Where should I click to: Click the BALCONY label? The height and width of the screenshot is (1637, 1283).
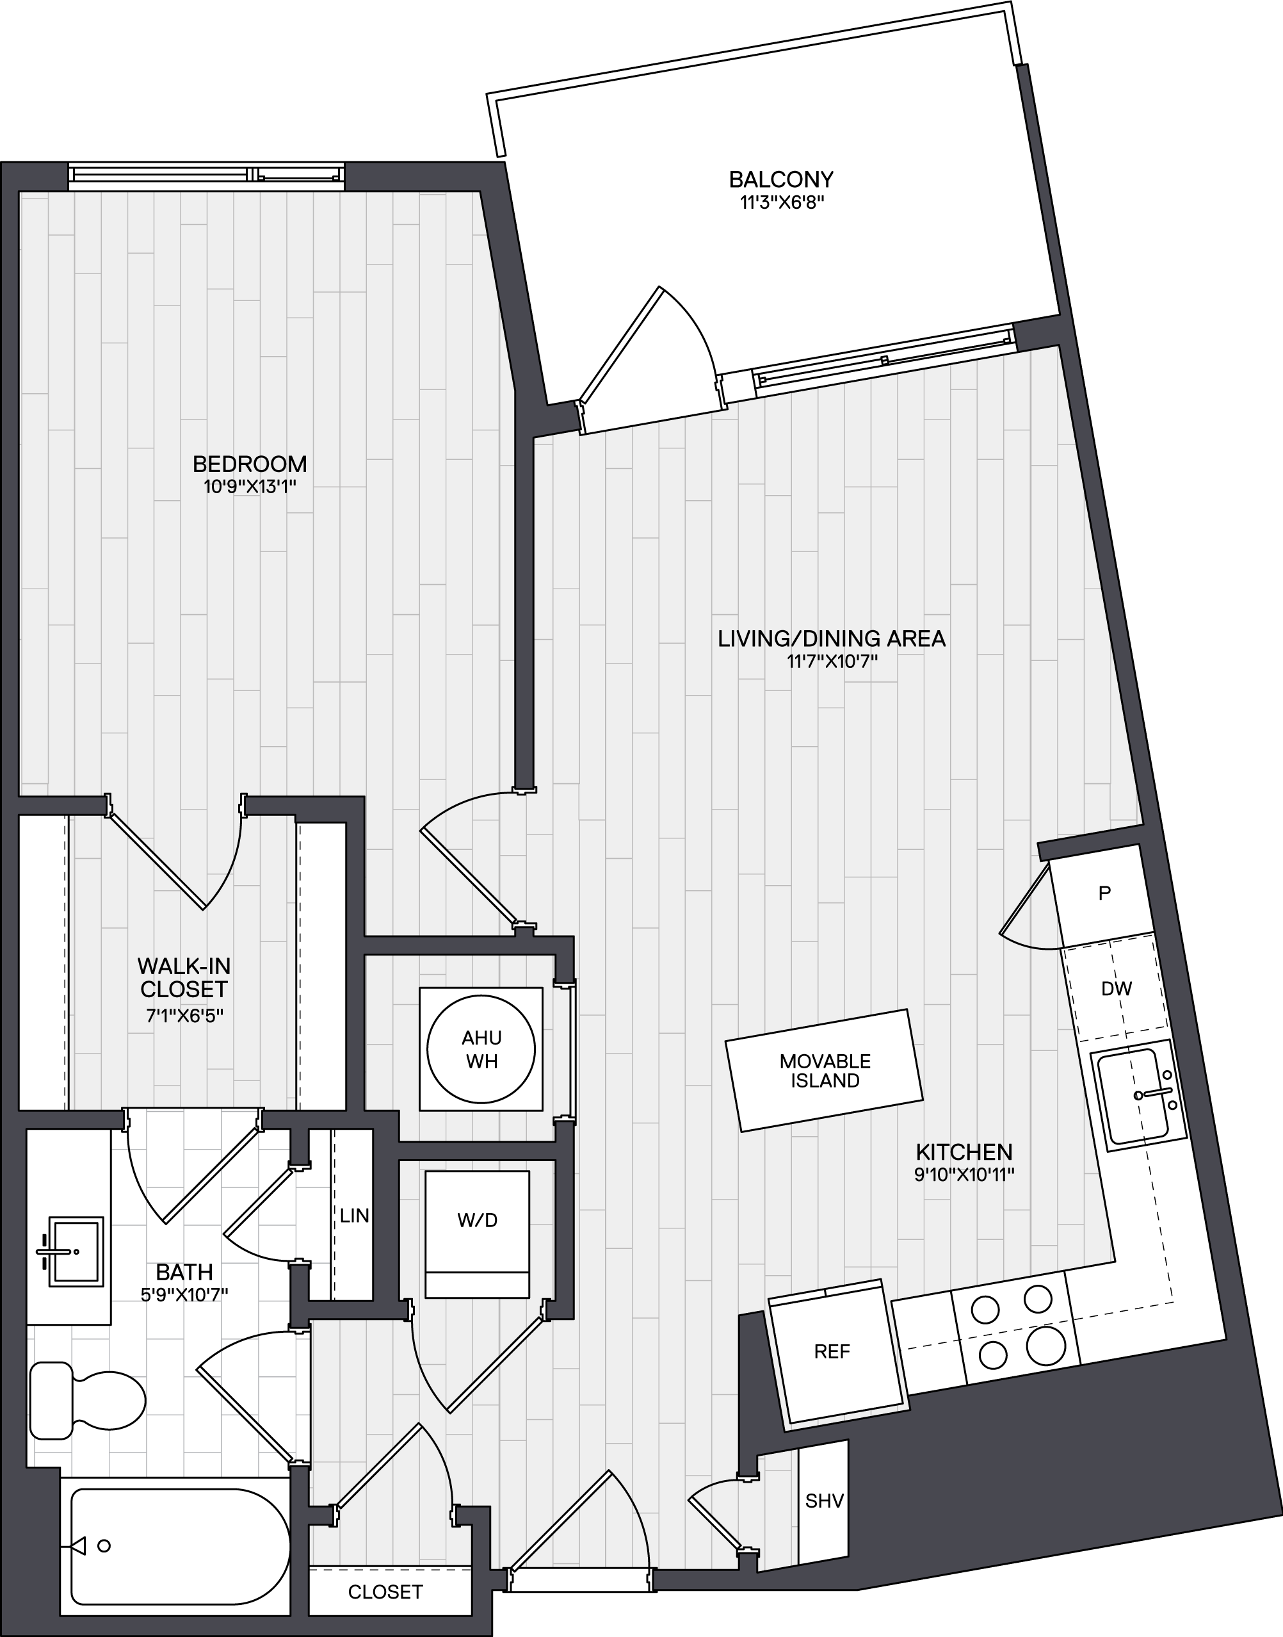[x=781, y=179]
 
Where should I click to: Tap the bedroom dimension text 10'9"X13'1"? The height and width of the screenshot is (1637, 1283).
[x=250, y=487]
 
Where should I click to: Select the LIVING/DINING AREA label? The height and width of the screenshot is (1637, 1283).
[x=832, y=639]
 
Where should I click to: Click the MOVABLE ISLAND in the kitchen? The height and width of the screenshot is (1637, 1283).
[x=825, y=1071]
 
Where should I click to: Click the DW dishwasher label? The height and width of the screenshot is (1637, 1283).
[x=1117, y=989]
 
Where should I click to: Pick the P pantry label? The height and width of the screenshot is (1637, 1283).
[x=1104, y=893]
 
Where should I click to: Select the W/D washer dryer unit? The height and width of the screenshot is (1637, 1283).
[x=477, y=1234]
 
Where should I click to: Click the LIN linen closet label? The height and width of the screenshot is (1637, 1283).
[x=354, y=1215]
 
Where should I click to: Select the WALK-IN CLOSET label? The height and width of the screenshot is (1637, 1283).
[x=182, y=976]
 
